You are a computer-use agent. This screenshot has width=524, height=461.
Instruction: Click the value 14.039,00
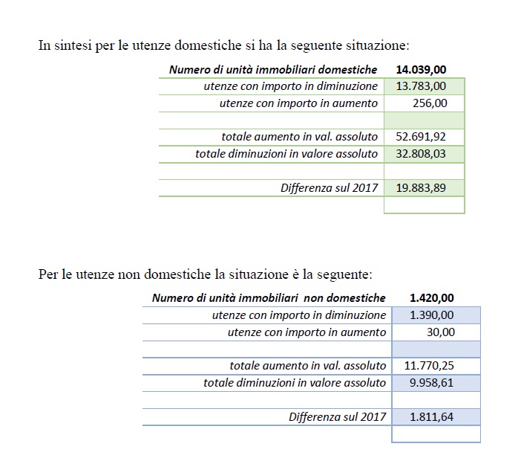[x=422, y=70]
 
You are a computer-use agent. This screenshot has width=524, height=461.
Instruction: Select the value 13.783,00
[x=422, y=86]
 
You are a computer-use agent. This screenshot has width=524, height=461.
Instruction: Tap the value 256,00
[x=430, y=103]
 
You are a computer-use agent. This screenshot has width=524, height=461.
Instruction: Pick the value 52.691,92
[x=422, y=137]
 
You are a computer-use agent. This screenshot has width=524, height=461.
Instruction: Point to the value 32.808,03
[x=422, y=154]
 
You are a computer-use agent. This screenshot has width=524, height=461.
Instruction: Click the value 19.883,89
[x=422, y=187]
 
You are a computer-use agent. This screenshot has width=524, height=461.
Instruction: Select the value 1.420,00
[x=432, y=298]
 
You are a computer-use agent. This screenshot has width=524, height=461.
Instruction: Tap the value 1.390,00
[x=432, y=315]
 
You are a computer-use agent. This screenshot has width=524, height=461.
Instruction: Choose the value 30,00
[x=440, y=332]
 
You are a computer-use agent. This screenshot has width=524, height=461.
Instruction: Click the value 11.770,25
[x=430, y=366]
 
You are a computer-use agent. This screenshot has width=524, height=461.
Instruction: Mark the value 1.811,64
[x=431, y=417]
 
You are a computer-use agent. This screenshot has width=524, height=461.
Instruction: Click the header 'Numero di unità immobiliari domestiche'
[x=273, y=70]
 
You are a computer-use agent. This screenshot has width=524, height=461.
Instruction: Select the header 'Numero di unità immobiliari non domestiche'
[x=269, y=298]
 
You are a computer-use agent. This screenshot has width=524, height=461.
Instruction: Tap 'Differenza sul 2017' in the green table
[x=329, y=188]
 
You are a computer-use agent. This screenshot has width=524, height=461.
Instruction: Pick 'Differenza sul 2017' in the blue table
[x=337, y=417]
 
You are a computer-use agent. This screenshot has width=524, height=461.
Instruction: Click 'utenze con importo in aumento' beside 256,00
[x=298, y=103]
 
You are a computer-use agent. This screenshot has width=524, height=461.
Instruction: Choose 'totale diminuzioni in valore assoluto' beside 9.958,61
[x=295, y=383]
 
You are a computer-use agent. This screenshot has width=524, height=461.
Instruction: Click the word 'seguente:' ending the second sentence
[x=347, y=274]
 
